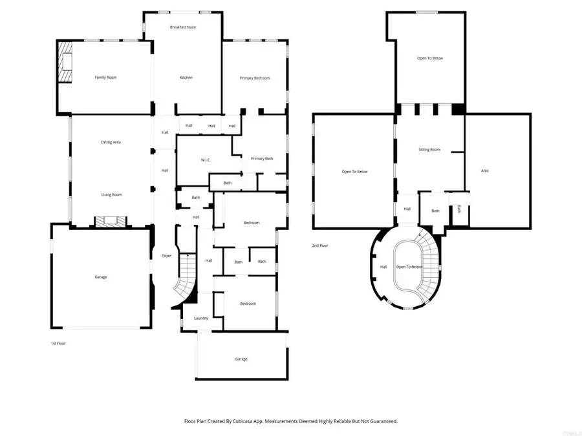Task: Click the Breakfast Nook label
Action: click(183, 27)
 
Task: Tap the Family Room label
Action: click(105, 78)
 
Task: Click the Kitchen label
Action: click(186, 78)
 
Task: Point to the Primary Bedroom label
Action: click(255, 78)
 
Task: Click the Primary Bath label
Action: click(262, 159)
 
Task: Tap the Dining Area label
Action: click(111, 142)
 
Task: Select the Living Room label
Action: click(111, 194)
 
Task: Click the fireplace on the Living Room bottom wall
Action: click(107, 221)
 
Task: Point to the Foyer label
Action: click(166, 256)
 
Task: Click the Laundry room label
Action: click(200, 318)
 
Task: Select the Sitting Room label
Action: click(429, 149)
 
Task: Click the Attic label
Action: click(485, 171)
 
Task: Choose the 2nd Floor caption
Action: click(319, 245)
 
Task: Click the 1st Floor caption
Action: click(58, 343)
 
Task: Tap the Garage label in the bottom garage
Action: click(241, 359)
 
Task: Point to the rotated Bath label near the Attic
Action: click(459, 209)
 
